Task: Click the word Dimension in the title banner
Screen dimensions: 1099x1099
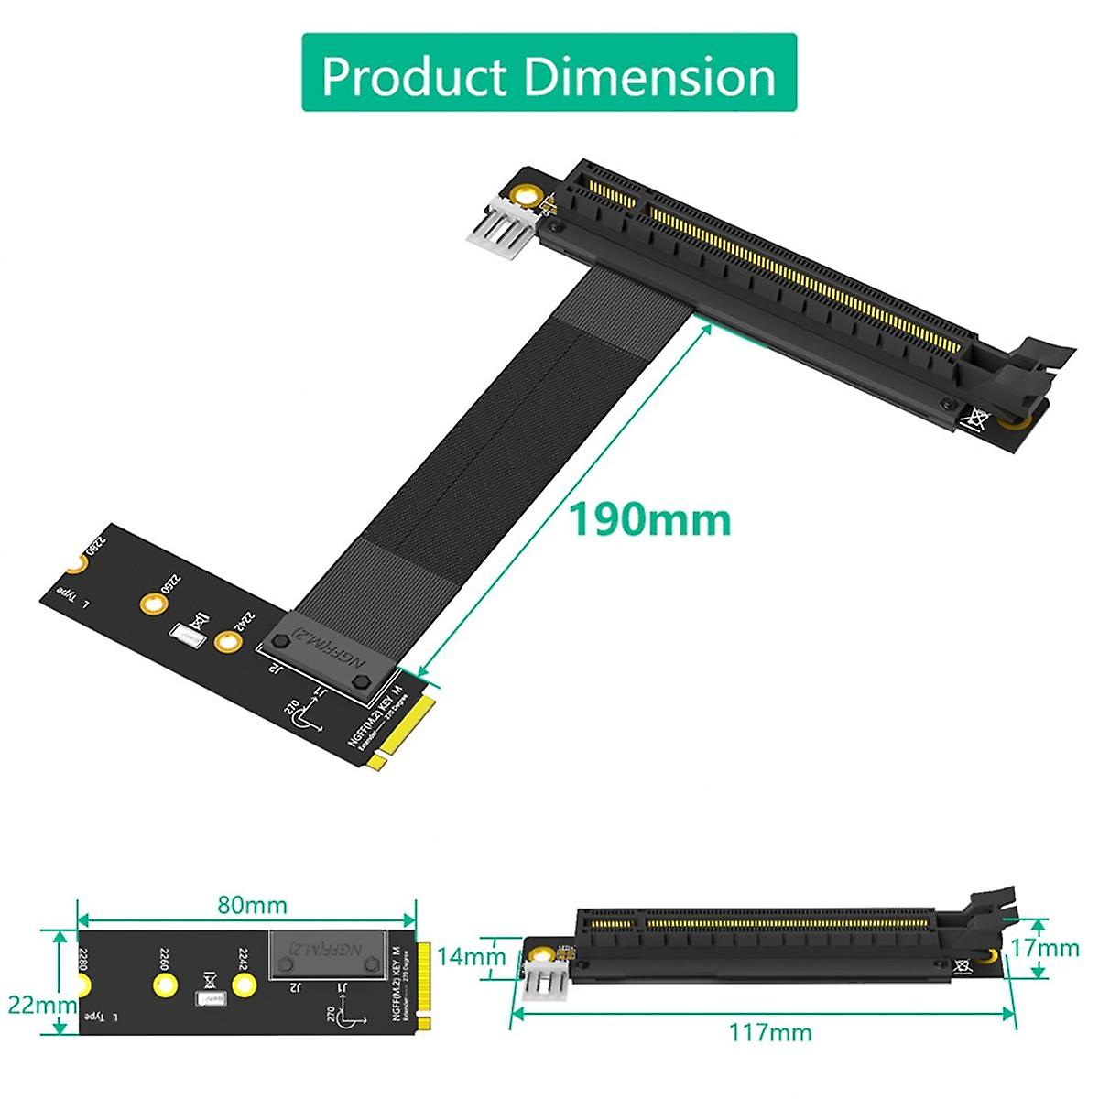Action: click(x=648, y=76)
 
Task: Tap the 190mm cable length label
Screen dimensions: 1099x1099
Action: click(x=650, y=519)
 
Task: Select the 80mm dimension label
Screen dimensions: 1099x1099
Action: click(x=252, y=906)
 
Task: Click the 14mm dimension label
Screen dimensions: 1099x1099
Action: click(x=470, y=957)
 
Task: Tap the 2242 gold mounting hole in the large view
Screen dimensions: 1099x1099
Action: click(x=227, y=642)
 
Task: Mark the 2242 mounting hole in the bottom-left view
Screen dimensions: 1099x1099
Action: click(x=243, y=985)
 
